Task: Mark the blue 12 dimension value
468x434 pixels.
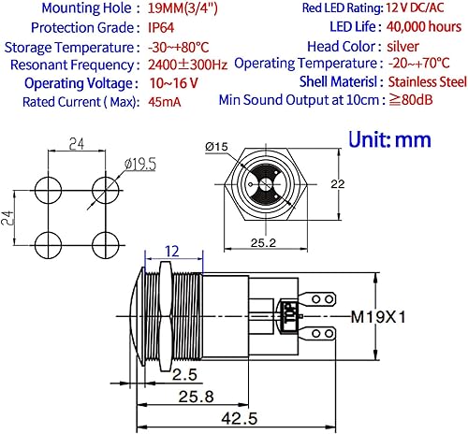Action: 171,251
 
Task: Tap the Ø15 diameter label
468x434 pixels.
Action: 215,146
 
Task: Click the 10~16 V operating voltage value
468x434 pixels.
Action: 173,82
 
